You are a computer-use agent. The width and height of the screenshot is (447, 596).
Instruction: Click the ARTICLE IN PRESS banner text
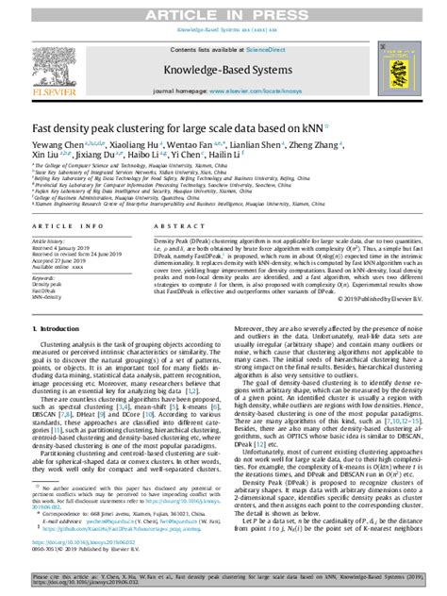pos(223,10)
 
